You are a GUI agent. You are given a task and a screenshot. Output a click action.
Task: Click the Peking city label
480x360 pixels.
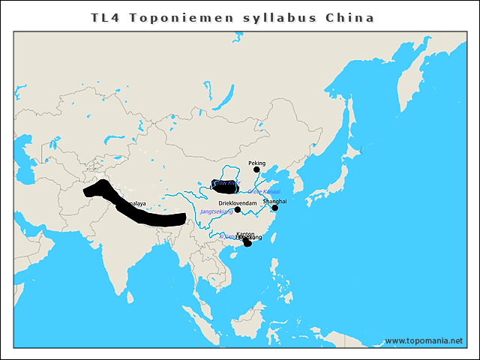[256, 162]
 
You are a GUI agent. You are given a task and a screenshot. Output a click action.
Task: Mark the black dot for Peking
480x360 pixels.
[256, 169]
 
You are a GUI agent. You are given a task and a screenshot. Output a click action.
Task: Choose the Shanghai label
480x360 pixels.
[274, 201]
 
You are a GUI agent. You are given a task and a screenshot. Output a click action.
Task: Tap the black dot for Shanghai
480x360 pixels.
[274, 208]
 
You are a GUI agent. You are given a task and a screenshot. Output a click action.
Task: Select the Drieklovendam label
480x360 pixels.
[238, 203]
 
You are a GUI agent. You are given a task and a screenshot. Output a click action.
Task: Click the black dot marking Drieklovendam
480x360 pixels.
[238, 210]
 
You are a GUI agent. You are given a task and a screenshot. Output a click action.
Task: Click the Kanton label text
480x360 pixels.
[244, 234]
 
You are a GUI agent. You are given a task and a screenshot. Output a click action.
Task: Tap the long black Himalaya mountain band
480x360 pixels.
[142, 213]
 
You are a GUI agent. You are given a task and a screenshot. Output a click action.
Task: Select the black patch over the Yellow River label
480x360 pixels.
[225, 186]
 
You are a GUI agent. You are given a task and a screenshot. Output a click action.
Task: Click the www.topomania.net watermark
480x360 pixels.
[423, 340]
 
